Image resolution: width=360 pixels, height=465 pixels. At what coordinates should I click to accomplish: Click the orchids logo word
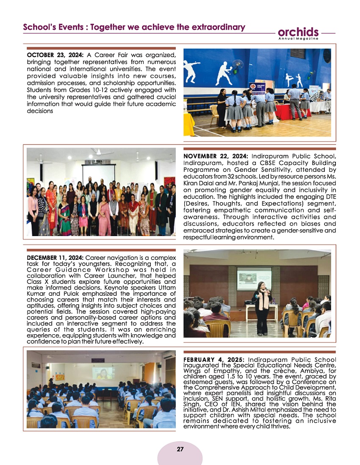coord(298,32)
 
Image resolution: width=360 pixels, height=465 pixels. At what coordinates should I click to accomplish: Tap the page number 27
coord(180,449)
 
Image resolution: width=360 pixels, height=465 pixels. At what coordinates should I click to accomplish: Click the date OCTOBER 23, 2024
coord(55,55)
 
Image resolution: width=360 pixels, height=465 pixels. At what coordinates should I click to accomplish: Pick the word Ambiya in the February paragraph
coord(310,371)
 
